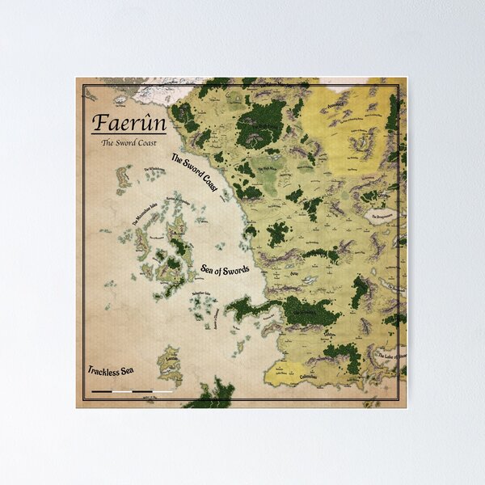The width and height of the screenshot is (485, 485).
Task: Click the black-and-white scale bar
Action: tap(133, 391)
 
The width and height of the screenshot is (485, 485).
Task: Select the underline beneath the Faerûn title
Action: tap(120, 134)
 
